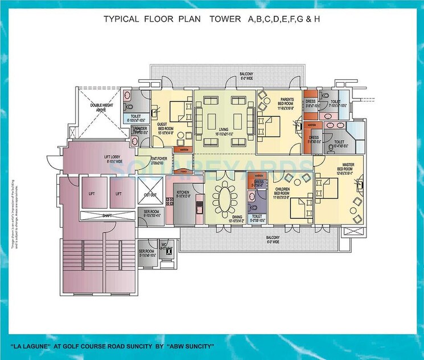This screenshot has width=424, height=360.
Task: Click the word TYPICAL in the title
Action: tap(121, 19)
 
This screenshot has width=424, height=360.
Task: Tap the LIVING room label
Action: tap(223, 129)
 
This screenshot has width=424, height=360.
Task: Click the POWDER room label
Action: tap(140, 130)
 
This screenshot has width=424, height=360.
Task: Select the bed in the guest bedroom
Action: tap(175, 107)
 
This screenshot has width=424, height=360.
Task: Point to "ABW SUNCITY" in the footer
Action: tap(194, 346)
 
